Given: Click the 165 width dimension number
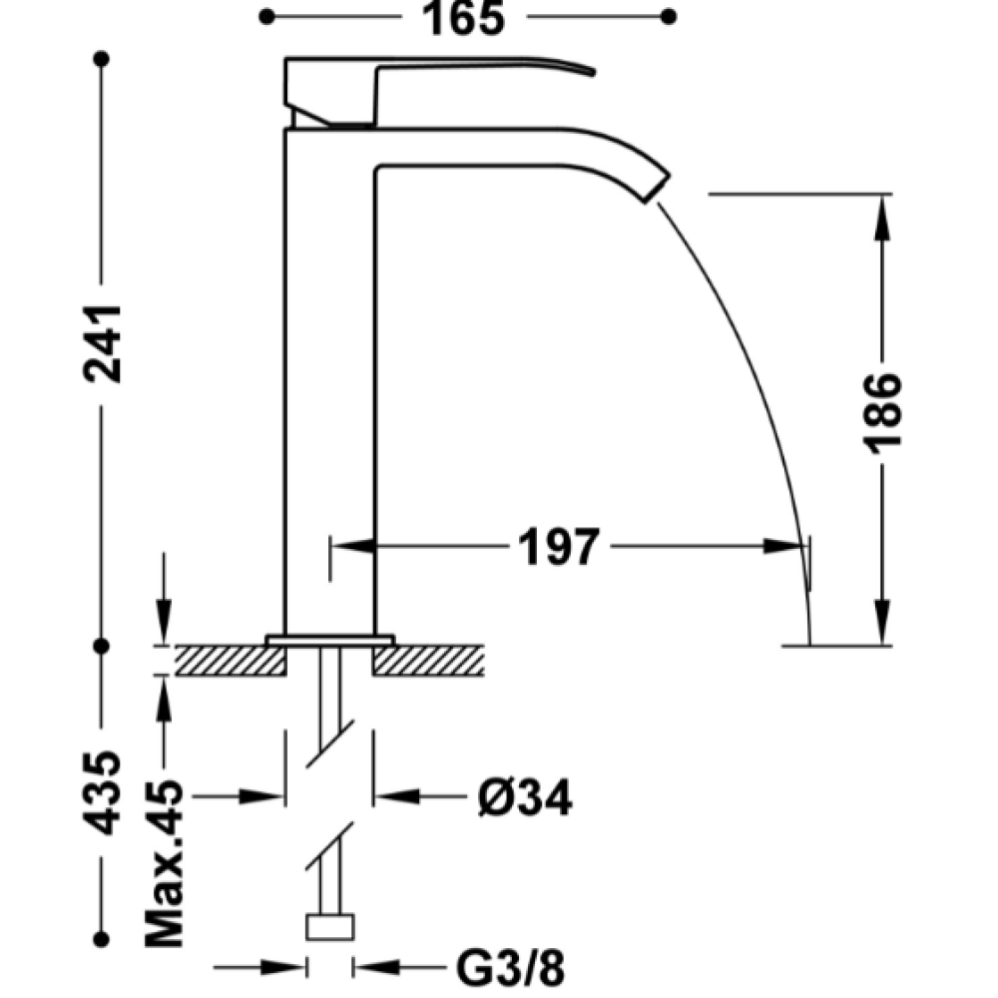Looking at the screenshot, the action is (463, 18).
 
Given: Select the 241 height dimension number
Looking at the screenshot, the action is (103, 344).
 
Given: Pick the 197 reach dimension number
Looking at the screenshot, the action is (559, 547).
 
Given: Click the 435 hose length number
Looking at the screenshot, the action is (102, 793).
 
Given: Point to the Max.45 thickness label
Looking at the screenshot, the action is (165, 863).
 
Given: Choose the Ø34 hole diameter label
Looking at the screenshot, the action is (525, 796).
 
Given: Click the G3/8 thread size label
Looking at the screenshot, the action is (510, 968).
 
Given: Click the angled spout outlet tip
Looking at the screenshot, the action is (657, 188).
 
